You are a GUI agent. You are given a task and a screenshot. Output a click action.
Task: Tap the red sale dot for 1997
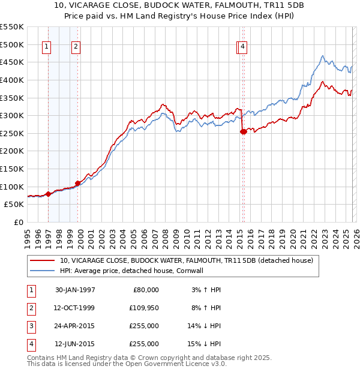click(48, 194)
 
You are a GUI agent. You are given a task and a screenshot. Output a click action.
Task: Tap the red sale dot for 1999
click(77, 183)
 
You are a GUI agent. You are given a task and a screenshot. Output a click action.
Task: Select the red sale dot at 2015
click(243, 131)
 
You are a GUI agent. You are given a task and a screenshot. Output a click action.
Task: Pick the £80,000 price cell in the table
click(145, 290)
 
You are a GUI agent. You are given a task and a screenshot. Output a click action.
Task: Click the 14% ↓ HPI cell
click(205, 326)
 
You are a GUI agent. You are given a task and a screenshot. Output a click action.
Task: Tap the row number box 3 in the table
click(30, 326)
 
